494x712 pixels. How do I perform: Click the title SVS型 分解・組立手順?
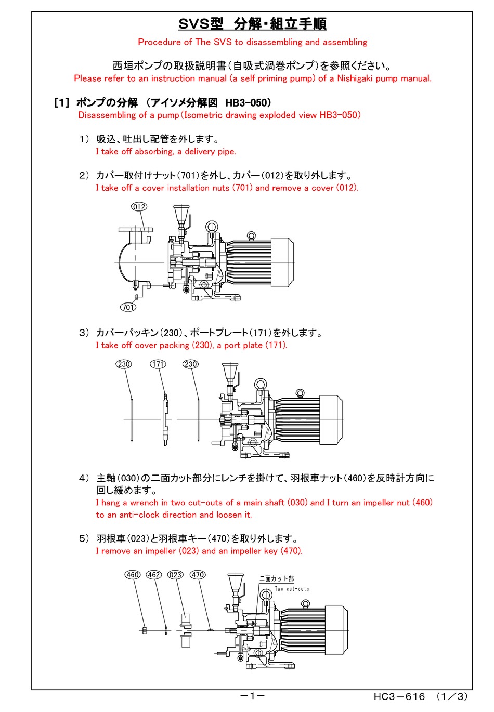252,24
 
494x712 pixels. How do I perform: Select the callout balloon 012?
139,207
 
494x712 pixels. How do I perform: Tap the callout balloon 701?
128,307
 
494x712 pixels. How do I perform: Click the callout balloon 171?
158,364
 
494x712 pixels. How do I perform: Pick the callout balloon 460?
133,575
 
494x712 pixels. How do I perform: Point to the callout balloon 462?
154,575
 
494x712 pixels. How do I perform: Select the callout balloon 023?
175,575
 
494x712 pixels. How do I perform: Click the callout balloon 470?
198,575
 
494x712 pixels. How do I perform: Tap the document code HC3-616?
399,697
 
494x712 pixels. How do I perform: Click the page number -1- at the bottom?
252,696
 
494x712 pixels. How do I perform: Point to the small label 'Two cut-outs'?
292,589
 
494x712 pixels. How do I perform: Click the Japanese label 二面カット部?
277,578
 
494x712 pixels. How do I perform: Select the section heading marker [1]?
61,103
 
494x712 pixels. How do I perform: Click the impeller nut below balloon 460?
144,630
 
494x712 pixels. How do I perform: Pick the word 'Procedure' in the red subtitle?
159,42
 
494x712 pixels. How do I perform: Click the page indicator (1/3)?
452,697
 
